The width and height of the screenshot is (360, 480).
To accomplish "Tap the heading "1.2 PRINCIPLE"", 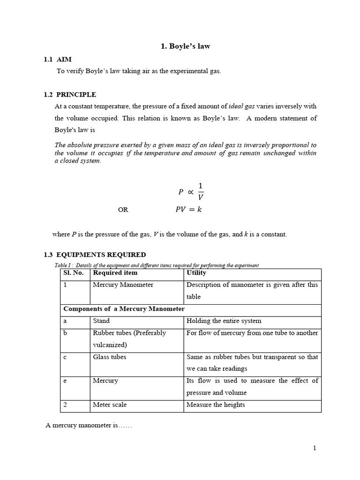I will click(x=70, y=94).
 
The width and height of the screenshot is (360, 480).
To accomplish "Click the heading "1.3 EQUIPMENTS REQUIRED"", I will click(x=95, y=255).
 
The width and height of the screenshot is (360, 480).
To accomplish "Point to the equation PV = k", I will click(x=188, y=210).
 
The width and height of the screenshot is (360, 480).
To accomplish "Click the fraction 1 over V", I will click(x=201, y=191).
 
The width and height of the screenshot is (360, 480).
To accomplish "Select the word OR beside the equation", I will click(x=123, y=210).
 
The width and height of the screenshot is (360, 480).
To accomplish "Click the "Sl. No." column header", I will click(x=73, y=273).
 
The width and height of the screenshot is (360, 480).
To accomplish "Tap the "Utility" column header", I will click(x=196, y=273).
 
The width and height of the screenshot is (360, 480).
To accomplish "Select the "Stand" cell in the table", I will click(x=101, y=321).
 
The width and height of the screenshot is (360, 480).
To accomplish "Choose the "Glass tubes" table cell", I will click(x=109, y=357).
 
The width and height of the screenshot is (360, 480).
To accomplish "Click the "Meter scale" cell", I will click(x=110, y=405).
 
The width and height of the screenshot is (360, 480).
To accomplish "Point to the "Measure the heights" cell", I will click(x=216, y=405).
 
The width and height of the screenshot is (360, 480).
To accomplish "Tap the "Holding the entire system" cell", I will click(x=224, y=321).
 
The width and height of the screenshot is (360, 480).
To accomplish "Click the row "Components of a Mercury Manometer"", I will click(x=124, y=309).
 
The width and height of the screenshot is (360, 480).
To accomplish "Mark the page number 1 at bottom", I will click(x=315, y=448).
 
